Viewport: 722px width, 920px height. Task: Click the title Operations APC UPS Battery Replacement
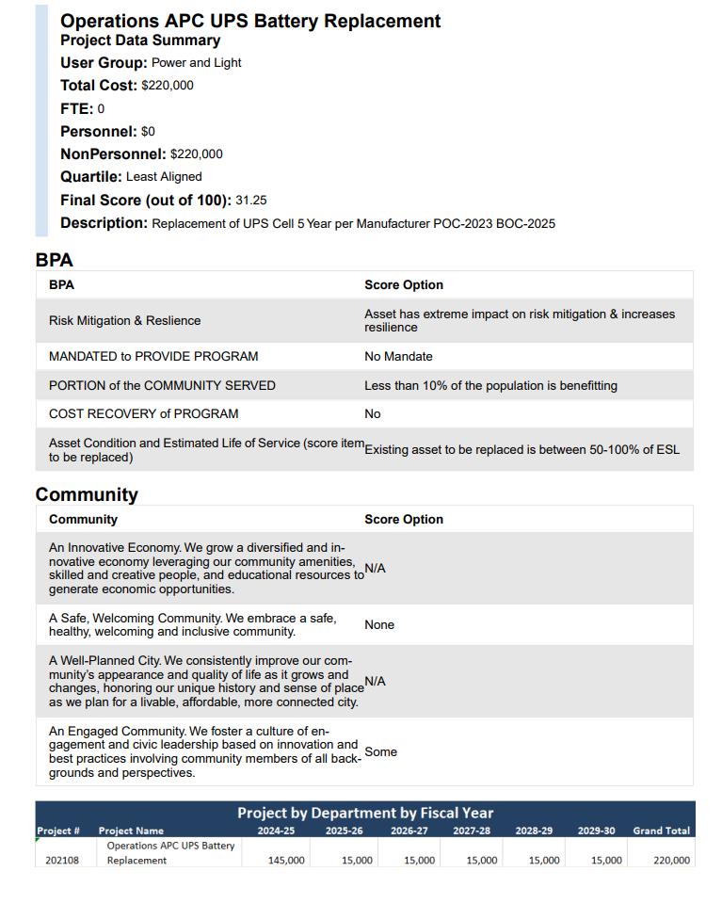pos(250,21)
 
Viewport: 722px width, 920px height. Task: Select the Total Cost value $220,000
pos(168,86)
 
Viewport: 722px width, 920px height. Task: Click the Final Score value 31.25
pos(251,201)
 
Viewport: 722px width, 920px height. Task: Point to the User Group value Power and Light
pos(196,63)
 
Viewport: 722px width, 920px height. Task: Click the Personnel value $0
pos(148,132)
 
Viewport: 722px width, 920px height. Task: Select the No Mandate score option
pos(398,357)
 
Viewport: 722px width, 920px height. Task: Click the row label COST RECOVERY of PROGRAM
pos(143,414)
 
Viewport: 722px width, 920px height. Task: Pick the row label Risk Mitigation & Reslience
pos(124,321)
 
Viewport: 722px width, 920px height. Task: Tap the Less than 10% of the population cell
pos(490,386)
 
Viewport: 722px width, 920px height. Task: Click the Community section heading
pos(87,494)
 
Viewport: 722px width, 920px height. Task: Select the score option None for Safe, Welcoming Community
pos(379,625)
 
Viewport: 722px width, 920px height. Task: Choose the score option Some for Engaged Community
pos(380,752)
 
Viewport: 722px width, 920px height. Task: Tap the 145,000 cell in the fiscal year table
pos(286,860)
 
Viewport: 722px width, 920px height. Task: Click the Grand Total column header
pos(661,831)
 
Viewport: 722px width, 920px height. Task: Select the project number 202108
pos(62,860)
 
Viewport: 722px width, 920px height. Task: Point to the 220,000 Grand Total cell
pos(671,860)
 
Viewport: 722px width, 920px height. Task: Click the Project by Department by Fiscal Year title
pos(365,813)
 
